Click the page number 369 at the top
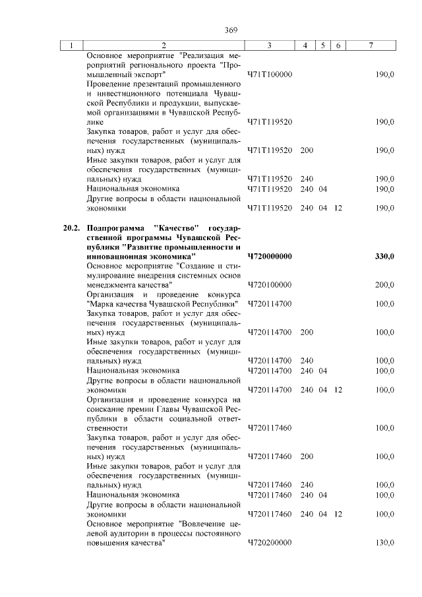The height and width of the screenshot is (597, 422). point(230,30)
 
